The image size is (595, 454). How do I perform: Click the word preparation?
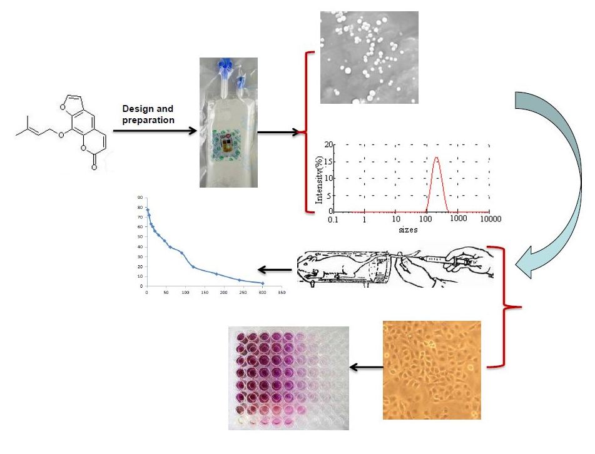(x=148, y=120)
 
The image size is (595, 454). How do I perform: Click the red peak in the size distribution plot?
(x=437, y=158)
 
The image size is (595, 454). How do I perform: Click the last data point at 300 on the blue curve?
(x=262, y=283)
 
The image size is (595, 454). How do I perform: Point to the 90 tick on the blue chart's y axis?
(x=140, y=198)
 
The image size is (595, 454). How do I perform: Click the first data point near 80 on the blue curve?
(x=147, y=209)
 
